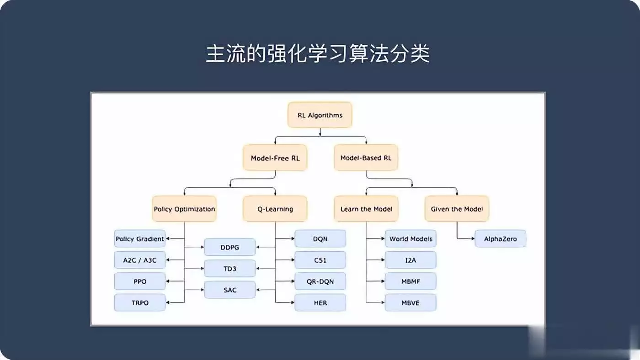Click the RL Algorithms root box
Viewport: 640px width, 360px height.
320,115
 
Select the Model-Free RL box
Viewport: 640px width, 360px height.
275,158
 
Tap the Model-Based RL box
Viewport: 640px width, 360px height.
366,158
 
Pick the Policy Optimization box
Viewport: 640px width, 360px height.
184,209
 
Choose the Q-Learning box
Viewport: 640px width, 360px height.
275,209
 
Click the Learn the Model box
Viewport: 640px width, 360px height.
366,209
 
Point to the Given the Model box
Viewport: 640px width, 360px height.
457,209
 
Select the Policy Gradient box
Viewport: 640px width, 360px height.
140,238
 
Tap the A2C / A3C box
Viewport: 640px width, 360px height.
140,260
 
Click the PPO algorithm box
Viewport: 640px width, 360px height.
140,281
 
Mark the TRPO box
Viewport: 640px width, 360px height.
140,302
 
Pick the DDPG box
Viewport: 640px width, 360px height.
229,247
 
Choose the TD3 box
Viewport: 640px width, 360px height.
229,268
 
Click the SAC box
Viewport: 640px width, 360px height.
229,290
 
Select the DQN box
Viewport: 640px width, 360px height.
320,238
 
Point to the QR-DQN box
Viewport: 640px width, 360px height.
320,281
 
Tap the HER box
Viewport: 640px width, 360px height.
320,302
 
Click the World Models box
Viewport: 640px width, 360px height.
411,238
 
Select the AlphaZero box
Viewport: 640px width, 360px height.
500,238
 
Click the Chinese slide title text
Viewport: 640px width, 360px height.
318,53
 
